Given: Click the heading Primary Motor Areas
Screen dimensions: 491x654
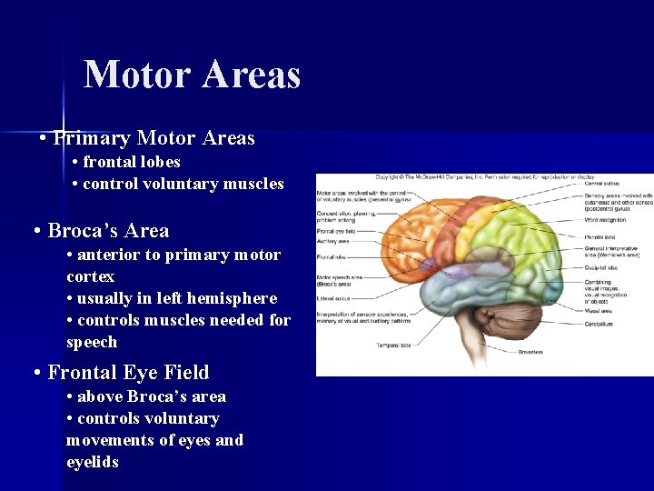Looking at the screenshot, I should pyautogui.click(x=154, y=138).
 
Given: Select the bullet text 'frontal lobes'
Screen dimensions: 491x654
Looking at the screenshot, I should pyautogui.click(x=132, y=162).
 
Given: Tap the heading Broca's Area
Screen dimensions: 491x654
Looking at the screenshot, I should pyautogui.click(x=108, y=230).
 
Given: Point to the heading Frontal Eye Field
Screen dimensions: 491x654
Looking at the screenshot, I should pyautogui.click(x=128, y=373).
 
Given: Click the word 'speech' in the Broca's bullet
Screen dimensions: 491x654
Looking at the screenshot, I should pyautogui.click(x=92, y=342).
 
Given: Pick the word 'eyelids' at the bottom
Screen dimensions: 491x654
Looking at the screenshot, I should pyautogui.click(x=93, y=462).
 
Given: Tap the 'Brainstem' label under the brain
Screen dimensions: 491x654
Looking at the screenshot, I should pyautogui.click(x=532, y=351).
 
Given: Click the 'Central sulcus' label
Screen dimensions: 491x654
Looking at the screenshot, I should pyautogui.click(x=602, y=183).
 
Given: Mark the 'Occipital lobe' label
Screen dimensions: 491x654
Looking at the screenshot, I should pyautogui.click(x=601, y=269).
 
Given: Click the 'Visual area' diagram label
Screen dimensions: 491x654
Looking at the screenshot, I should pyautogui.click(x=599, y=310).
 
